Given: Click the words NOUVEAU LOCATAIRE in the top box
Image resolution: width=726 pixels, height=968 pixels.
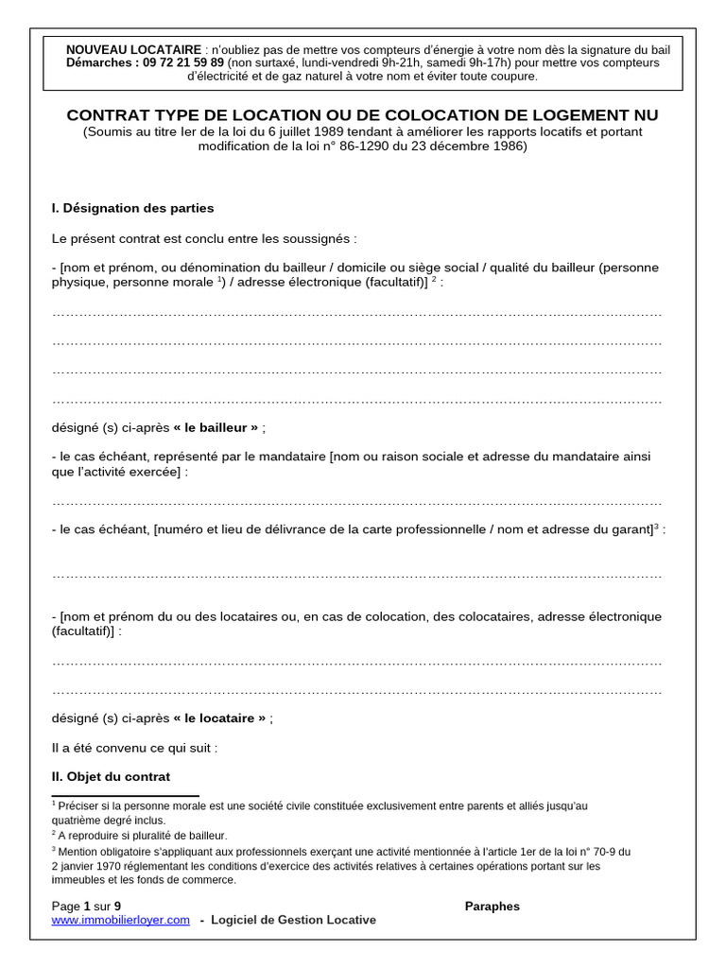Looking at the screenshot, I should pyautogui.click(x=133, y=49).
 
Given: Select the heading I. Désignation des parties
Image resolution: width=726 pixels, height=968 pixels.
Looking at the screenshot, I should pyautogui.click(x=133, y=208).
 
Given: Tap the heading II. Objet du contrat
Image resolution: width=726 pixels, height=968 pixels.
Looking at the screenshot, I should pyautogui.click(x=112, y=776).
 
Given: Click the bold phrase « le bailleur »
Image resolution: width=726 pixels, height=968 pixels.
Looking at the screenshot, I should pyautogui.click(x=216, y=427).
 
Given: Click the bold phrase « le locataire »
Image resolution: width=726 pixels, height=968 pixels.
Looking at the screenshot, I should pyautogui.click(x=219, y=717).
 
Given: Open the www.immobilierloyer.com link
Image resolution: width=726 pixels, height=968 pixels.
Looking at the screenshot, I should pyautogui.click(x=121, y=920).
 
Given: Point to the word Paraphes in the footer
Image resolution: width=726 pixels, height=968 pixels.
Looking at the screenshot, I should pyautogui.click(x=492, y=906).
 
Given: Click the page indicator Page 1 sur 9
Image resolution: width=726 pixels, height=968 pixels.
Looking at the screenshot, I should pyautogui.click(x=87, y=906).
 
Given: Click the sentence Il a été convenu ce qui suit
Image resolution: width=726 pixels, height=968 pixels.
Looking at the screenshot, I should pyautogui.click(x=135, y=747).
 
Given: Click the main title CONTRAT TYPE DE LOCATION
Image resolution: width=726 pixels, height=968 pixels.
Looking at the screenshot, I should pyautogui.click(x=362, y=115).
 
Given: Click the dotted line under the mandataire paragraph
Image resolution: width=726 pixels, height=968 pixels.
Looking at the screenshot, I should pyautogui.click(x=356, y=501).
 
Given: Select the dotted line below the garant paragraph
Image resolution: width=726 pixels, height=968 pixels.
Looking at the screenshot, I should pyautogui.click(x=356, y=574).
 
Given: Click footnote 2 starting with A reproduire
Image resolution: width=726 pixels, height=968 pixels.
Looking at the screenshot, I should pyautogui.click(x=142, y=836).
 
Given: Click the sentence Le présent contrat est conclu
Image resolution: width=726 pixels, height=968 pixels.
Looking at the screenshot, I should pyautogui.click(x=204, y=238).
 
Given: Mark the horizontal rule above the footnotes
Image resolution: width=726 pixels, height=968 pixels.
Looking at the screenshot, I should pyautogui.click(x=125, y=796).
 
